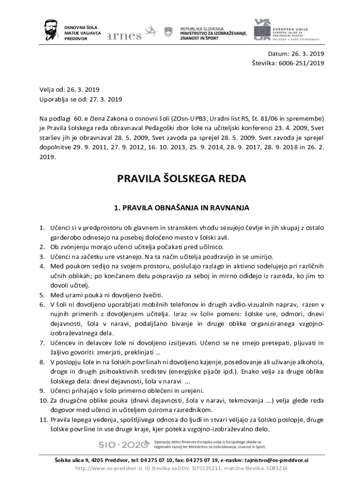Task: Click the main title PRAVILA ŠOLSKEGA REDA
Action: [x=180, y=179]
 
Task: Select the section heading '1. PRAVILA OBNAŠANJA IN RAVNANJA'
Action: [x=180, y=206]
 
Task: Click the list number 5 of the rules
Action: [x=41, y=295]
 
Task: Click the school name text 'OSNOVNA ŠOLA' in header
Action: [x=78, y=28]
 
